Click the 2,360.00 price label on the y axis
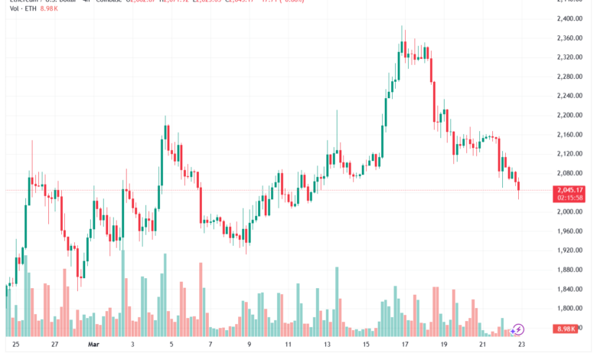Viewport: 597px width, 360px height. click(x=569, y=38)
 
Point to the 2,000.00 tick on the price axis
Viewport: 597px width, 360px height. click(x=569, y=211)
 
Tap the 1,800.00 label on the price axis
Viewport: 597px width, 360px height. click(x=569, y=308)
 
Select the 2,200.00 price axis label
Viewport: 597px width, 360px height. click(x=569, y=115)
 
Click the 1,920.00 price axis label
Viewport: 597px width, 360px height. click(x=569, y=250)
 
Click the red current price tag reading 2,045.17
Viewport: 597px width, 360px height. click(x=569, y=190)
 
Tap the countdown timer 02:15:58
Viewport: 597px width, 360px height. click(x=569, y=198)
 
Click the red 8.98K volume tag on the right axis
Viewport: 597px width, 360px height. click(x=570, y=329)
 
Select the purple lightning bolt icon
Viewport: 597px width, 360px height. click(x=519, y=329)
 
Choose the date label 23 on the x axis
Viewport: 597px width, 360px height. click(x=520, y=345)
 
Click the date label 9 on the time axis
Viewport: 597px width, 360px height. click(x=250, y=345)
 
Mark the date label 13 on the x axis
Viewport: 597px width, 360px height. click(x=328, y=345)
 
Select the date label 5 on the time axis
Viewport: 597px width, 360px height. click(x=172, y=345)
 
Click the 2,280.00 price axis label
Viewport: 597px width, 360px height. click(x=569, y=76)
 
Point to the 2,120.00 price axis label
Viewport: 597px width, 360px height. click(x=569, y=153)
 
